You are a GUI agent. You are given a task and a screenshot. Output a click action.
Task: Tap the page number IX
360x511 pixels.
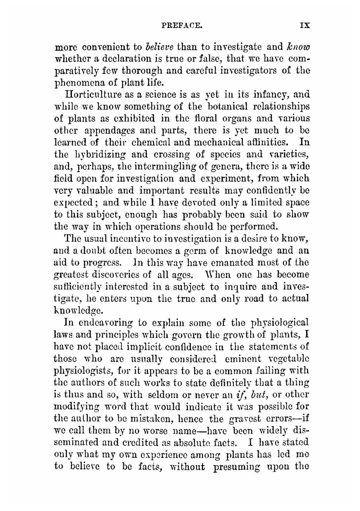[x=305, y=26]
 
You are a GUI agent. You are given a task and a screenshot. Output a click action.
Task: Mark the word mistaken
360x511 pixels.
[x=150, y=419]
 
